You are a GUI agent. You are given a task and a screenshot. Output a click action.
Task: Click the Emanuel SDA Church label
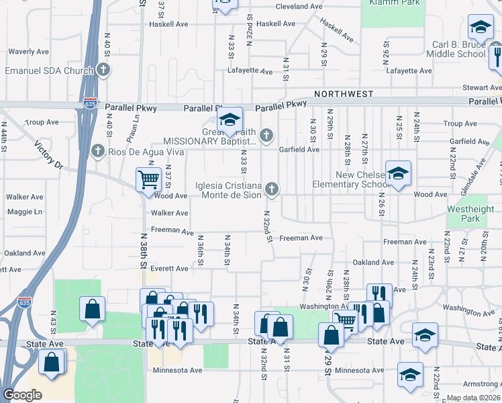48,70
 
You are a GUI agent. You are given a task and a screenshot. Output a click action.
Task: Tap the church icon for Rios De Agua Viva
98,151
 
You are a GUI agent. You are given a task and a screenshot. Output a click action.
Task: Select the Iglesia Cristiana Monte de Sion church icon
272,189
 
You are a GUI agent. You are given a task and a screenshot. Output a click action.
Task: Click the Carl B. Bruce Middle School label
458,49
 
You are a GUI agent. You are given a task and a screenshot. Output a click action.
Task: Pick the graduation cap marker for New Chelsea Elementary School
398,174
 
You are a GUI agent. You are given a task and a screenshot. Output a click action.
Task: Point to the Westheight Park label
464,214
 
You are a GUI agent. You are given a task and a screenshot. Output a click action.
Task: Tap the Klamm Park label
394,3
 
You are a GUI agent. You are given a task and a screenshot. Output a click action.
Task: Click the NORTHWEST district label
342,95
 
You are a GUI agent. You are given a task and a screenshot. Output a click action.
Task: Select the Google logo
21,395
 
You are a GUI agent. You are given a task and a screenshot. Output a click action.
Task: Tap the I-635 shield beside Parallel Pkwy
91,104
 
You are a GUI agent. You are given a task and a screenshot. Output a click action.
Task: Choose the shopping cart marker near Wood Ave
148,179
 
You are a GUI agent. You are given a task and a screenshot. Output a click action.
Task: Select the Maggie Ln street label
23,212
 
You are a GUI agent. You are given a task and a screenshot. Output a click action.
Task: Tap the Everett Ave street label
169,268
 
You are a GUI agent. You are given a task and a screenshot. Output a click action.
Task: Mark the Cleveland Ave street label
300,6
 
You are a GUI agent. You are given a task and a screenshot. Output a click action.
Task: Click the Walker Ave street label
169,213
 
